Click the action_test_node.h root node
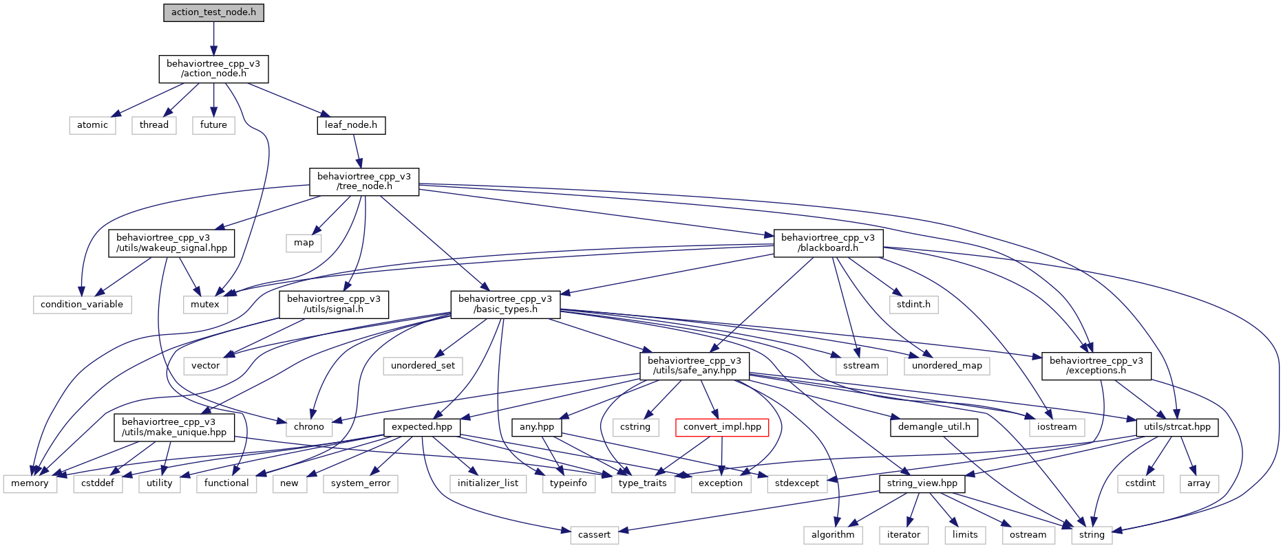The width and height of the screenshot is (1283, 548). coord(213,12)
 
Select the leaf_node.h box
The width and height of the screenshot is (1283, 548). coord(351,125)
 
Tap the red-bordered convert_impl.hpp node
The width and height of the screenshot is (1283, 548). coord(722,427)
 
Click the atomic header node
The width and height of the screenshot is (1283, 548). coord(92,125)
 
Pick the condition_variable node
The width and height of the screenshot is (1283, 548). coord(82,305)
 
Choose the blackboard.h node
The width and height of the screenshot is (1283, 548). coord(828,243)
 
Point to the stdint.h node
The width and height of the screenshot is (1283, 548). coord(913,305)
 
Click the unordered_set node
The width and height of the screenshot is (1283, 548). coord(423,366)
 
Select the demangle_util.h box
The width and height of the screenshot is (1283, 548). coord(934,427)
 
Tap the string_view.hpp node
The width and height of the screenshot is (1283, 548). coord(922,483)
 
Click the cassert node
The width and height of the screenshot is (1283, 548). coord(594,535)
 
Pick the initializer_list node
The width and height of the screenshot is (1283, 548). coord(488,483)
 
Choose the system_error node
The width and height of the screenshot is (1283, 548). coord(361,483)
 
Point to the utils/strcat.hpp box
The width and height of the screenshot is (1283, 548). coord(1177,427)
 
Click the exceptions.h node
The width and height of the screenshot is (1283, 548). coord(1096,366)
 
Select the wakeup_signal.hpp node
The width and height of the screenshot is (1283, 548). coord(171,243)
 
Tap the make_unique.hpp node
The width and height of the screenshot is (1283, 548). coord(174,427)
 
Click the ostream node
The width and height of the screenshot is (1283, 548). coord(1028,535)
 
